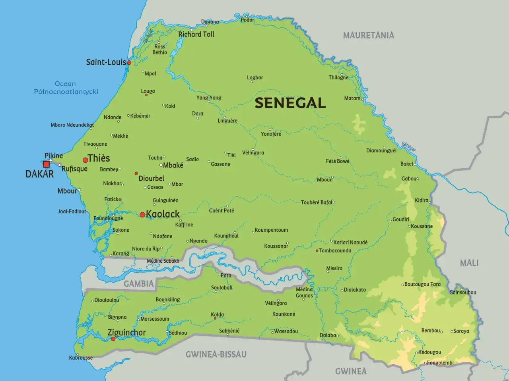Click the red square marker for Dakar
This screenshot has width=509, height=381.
tap(47, 164)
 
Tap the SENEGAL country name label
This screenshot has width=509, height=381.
tap(290, 103)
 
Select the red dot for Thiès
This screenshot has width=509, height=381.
tap(85, 160)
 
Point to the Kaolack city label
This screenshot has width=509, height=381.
tap(163, 214)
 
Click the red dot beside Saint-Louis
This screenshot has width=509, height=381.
tap(129, 63)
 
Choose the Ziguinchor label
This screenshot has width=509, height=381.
tap(126, 333)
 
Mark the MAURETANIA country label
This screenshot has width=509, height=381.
tap(369, 35)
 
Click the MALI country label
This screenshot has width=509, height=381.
tap(469, 263)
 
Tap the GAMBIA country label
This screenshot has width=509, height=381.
tap(138, 283)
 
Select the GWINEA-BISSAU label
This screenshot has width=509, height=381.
tap(216, 354)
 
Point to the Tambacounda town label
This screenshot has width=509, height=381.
tap(335, 250)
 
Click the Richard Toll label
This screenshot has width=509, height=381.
tap(196, 35)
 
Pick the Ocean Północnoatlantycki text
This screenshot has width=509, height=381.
tap(66, 88)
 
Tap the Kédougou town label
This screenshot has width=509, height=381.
tap(429, 352)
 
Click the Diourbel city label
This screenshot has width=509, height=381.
tap(151, 179)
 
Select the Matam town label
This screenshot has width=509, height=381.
tap(352, 98)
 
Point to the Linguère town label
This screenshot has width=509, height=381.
tap(227, 121)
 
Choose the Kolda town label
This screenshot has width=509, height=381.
tap(218, 315)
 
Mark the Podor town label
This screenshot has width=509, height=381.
tap(247, 20)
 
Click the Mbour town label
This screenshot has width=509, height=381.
tap(67, 191)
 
